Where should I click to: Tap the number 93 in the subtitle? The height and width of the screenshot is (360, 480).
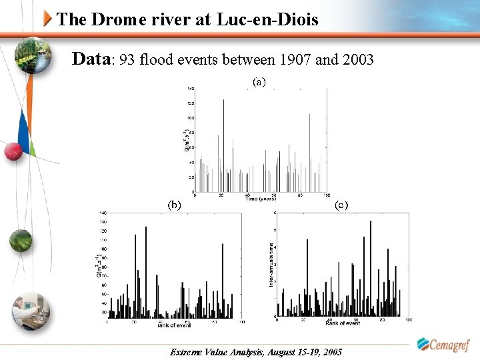pyautogui.click(x=129, y=60)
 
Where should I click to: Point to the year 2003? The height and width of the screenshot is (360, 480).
pyautogui.click(x=359, y=60)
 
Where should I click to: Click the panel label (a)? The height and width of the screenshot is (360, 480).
pyautogui.click(x=259, y=82)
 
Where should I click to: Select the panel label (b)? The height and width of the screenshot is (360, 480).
pyautogui.click(x=175, y=205)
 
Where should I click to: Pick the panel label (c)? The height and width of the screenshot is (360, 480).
pyautogui.click(x=341, y=205)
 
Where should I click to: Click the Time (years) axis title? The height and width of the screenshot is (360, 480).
pyautogui.click(x=259, y=199)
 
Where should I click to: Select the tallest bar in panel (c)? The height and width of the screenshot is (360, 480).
pyautogui.click(x=371, y=267)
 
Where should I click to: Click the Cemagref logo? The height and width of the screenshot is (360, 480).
pyautogui.click(x=443, y=345)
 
